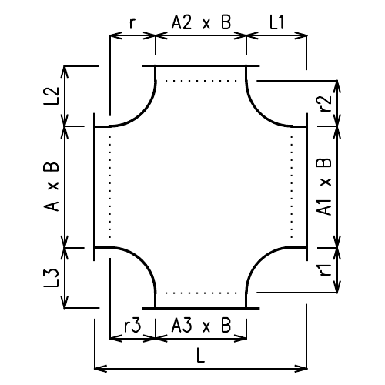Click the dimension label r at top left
[132, 24]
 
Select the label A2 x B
[200, 23]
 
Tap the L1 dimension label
[277, 23]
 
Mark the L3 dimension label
[52, 276]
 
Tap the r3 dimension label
[132, 326]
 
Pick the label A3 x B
[200, 326]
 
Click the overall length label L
[200, 357]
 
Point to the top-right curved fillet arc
[259, 109]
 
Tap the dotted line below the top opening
[200, 79]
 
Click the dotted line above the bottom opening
[200, 293]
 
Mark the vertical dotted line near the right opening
[292, 186]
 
